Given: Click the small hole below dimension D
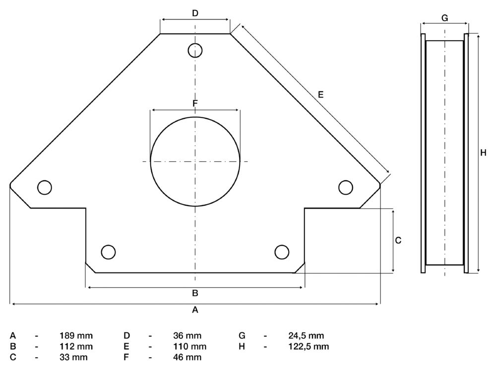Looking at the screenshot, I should pos(195,50).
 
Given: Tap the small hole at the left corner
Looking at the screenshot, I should pos(44,187).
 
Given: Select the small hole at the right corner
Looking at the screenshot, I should pos(346,187).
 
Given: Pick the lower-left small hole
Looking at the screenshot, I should pos(108,252).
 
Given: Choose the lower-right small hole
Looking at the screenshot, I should pos(282,252).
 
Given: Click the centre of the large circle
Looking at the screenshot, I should pos(195,161).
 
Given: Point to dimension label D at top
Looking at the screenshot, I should pos(195,13).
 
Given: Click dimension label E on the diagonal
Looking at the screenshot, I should pos(321,94).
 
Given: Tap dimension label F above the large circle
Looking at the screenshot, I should pos(195,103).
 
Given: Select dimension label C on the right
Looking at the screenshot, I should pos(398,240).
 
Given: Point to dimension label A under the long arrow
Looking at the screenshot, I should pos(195,310).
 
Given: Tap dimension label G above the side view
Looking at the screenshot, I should pos(444,18).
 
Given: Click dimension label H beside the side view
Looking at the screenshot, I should pos(483,153).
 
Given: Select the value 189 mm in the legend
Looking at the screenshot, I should pos(76,336).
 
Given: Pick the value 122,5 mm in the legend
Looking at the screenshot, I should pos(309,346).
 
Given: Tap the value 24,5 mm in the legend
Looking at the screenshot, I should pos(306,336).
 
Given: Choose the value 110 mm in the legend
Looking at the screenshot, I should pos(190,346).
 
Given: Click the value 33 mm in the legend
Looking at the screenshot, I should pos(73,357).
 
